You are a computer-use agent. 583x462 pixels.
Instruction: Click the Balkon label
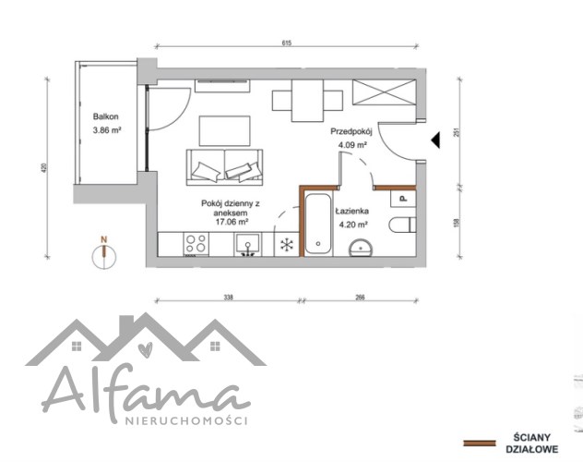[105, 116]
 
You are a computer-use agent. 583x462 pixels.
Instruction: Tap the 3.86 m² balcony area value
[107, 130]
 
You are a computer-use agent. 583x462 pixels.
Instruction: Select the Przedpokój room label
[351, 131]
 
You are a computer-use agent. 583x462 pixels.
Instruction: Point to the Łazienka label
[351, 211]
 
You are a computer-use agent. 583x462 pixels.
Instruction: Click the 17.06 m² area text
[232, 222]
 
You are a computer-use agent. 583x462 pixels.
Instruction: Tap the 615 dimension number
[287, 43]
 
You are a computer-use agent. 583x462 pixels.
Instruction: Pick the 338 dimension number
[228, 298]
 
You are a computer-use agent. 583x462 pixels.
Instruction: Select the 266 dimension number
[360, 298]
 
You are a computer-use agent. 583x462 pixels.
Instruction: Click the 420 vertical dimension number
[44, 168]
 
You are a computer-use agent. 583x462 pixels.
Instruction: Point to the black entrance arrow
[435, 140]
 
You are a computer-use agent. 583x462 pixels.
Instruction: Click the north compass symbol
[104, 253]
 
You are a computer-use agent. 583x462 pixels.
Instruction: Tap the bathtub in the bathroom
[318, 224]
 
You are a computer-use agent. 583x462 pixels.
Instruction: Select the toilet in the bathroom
[402, 225]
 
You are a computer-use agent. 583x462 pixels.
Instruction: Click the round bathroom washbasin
[361, 248]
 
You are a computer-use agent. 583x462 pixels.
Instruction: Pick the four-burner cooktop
[196, 244]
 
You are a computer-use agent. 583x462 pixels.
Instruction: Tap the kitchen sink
[247, 245]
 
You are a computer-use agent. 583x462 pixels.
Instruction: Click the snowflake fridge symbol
[287, 245]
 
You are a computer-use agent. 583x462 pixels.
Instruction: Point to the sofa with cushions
[224, 167]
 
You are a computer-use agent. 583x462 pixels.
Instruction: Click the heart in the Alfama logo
[145, 350]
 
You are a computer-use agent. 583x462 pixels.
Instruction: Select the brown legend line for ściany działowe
[480, 443]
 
